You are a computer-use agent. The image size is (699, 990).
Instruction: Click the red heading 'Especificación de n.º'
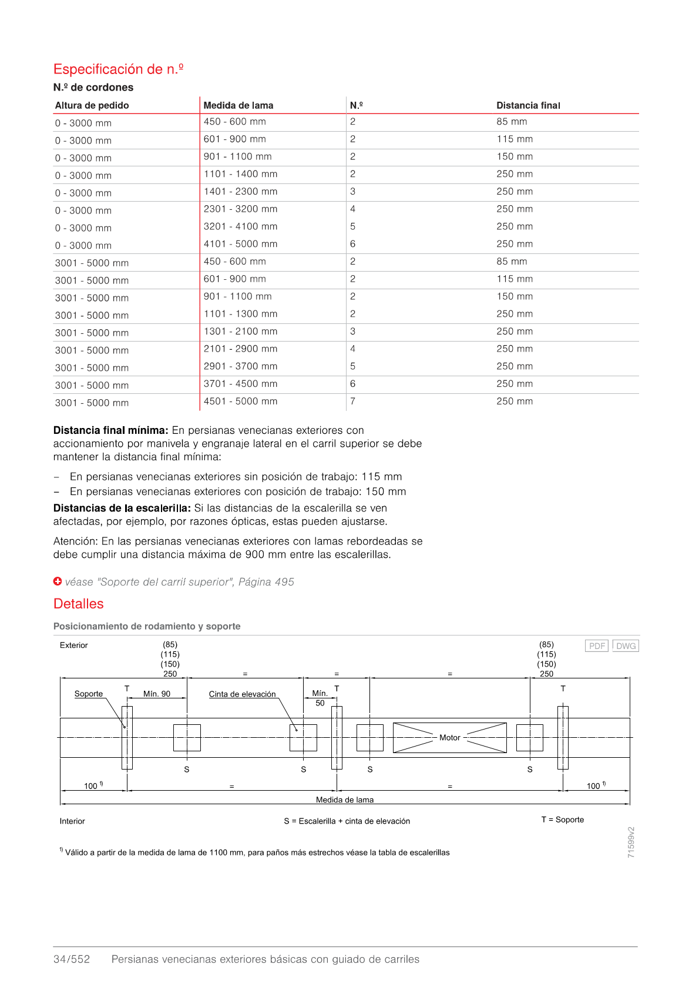click(x=118, y=69)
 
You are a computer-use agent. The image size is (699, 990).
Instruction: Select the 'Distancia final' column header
click(x=528, y=105)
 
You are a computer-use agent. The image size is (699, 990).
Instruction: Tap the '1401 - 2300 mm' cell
click(x=240, y=192)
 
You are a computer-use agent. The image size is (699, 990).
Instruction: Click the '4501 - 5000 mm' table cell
click(x=240, y=402)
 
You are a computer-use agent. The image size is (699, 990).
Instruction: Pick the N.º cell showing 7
click(x=352, y=402)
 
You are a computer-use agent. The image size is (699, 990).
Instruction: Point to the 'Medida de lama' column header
click(x=238, y=105)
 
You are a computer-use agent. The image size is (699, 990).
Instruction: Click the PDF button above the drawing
click(x=597, y=645)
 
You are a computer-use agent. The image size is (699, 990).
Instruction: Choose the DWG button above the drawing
click(x=626, y=645)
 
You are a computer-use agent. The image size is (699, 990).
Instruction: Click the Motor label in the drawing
click(x=449, y=737)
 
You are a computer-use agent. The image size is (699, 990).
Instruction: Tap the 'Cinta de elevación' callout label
click(x=242, y=694)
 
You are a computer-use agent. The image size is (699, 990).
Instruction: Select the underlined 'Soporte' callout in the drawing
click(x=88, y=694)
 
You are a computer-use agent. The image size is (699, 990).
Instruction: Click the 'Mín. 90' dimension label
click(x=157, y=694)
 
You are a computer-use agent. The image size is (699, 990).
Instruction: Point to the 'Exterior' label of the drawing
click(x=74, y=645)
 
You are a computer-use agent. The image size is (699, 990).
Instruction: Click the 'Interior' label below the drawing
click(x=72, y=821)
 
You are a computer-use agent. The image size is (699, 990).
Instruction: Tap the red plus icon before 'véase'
click(x=58, y=581)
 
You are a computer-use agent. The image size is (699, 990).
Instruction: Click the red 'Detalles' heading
click(x=79, y=604)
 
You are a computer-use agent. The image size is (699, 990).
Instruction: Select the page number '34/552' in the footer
click(x=72, y=959)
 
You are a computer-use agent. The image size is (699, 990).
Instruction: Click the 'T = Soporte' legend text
click(x=563, y=820)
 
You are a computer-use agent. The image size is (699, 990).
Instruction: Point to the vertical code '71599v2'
click(x=631, y=842)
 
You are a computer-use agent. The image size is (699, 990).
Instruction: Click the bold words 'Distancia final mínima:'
click(x=111, y=430)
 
